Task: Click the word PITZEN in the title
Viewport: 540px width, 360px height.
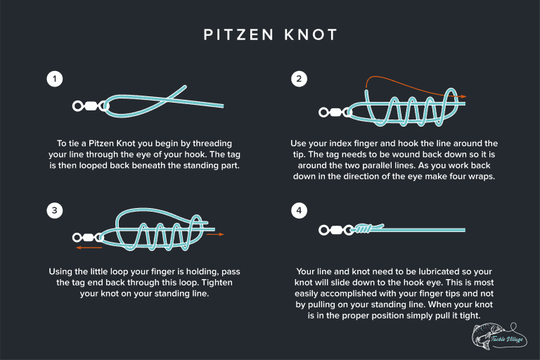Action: [x=237, y=34]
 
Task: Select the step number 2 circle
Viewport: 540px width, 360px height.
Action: [x=298, y=79]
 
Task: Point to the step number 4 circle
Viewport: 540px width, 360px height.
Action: [x=298, y=210]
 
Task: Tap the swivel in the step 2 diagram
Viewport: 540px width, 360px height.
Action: [x=336, y=112]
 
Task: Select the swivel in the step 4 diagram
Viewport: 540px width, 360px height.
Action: [x=335, y=230]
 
